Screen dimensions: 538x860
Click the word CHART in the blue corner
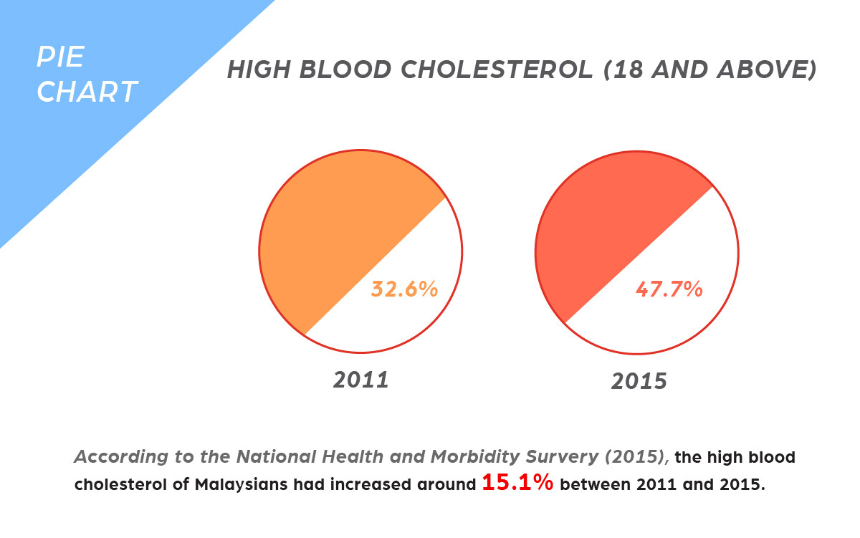pos(87,92)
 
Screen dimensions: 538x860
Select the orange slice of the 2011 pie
pos(322,229)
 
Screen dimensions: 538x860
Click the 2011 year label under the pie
pos(360,380)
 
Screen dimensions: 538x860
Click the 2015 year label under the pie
pos(639,380)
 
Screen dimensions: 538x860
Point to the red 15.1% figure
pos(517,482)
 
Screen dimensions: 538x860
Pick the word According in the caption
pos(115,457)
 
